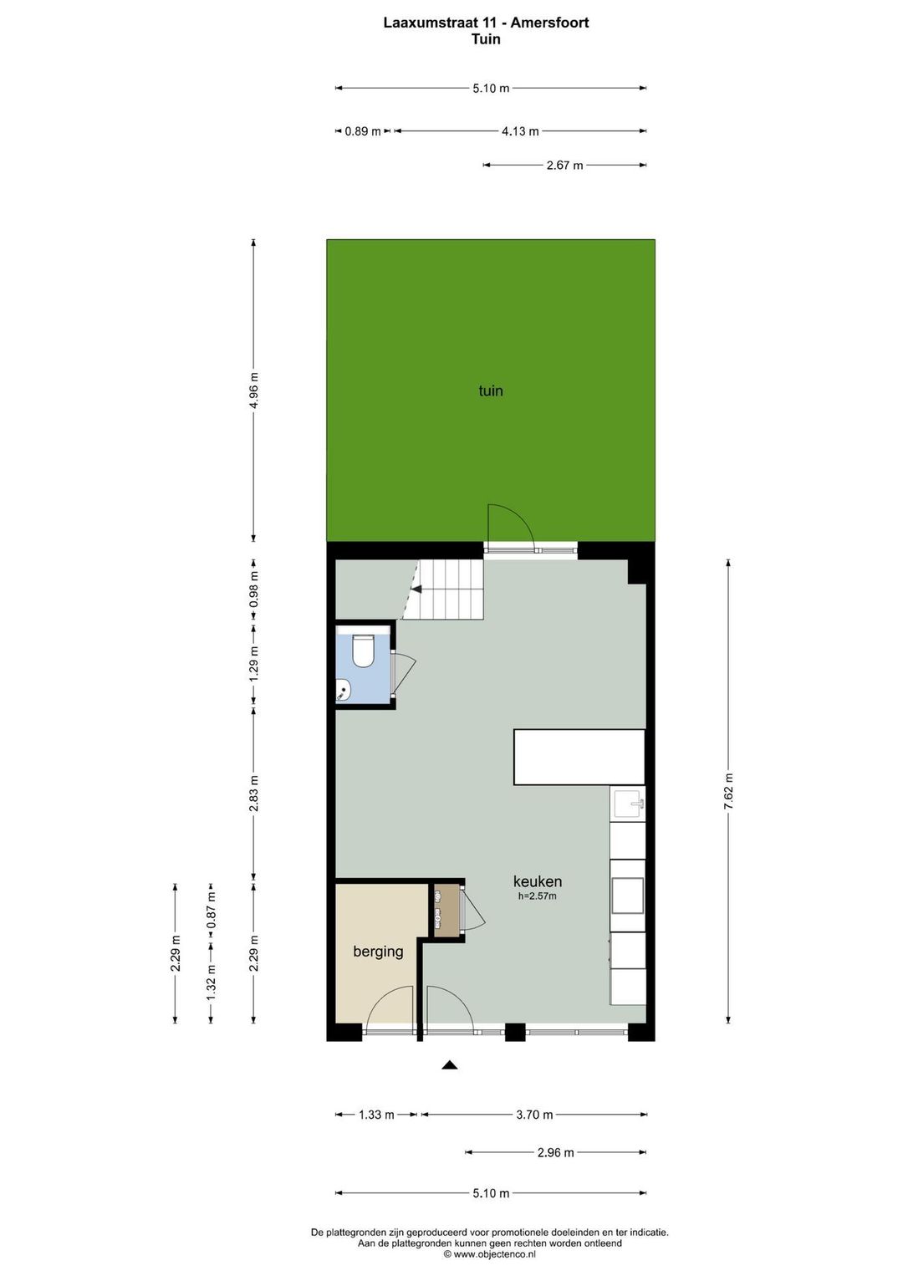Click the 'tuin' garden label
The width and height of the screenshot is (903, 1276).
click(x=491, y=390)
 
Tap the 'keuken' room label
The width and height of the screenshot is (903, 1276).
click(x=537, y=881)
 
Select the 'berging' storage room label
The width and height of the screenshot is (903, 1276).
click(x=378, y=952)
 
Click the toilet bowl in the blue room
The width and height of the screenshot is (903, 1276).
click(x=363, y=651)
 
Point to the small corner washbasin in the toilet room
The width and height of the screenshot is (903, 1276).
click(x=343, y=691)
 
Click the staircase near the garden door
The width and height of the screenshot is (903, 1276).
click(x=446, y=590)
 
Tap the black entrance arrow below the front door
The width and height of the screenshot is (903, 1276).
click(x=450, y=1065)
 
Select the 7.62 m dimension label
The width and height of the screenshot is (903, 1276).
click(x=728, y=791)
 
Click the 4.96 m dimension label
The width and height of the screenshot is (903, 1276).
click(x=253, y=390)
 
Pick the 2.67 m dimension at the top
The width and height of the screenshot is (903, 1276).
click(x=564, y=166)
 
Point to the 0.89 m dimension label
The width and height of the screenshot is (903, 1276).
click(x=362, y=131)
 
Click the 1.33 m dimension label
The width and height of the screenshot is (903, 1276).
click(x=376, y=1115)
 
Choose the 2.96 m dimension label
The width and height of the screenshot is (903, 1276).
click(x=555, y=1152)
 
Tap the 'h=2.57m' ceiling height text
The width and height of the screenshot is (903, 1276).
click(x=537, y=896)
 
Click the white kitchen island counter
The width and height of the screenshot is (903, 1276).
click(x=579, y=757)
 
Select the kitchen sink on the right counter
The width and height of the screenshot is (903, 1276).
click(x=628, y=804)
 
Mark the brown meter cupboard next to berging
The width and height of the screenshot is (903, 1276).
click(x=446, y=910)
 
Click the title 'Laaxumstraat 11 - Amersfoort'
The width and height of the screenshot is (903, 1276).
click(x=486, y=23)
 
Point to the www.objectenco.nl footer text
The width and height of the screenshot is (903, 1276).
click(x=489, y=1254)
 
